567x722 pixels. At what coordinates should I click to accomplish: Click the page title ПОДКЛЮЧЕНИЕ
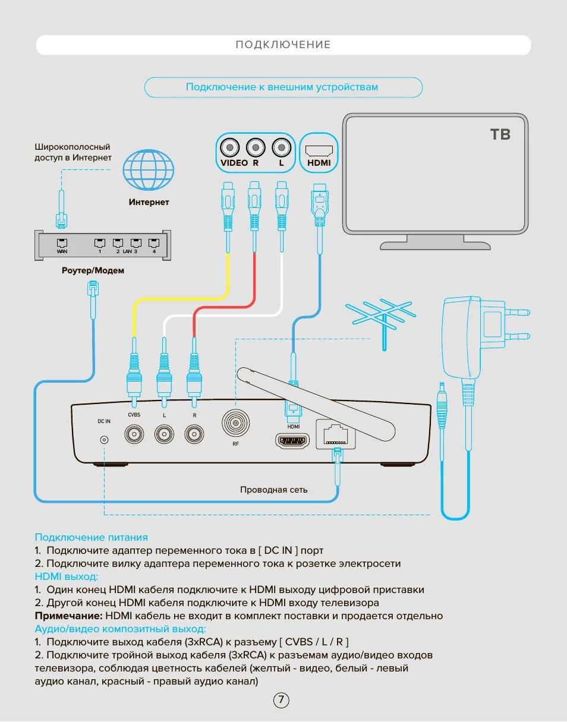point(283,45)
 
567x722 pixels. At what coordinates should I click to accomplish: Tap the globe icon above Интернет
point(149,169)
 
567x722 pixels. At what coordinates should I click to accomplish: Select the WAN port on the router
point(62,244)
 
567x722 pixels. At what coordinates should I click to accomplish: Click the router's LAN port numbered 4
point(154,244)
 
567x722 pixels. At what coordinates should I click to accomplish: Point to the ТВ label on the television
point(500,134)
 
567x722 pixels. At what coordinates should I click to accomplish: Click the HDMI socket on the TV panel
point(319,147)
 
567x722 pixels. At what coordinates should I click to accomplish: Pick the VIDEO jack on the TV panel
point(229,147)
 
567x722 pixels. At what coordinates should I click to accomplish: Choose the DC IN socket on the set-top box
point(104,440)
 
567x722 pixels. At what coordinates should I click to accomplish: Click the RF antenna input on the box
point(237,423)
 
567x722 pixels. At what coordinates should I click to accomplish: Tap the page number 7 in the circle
point(281,700)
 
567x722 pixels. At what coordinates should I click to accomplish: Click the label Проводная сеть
point(274,490)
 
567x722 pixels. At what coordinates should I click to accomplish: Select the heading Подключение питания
point(91,537)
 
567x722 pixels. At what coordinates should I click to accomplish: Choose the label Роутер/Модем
point(93,270)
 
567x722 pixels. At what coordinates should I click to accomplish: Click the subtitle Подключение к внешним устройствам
point(282,87)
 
